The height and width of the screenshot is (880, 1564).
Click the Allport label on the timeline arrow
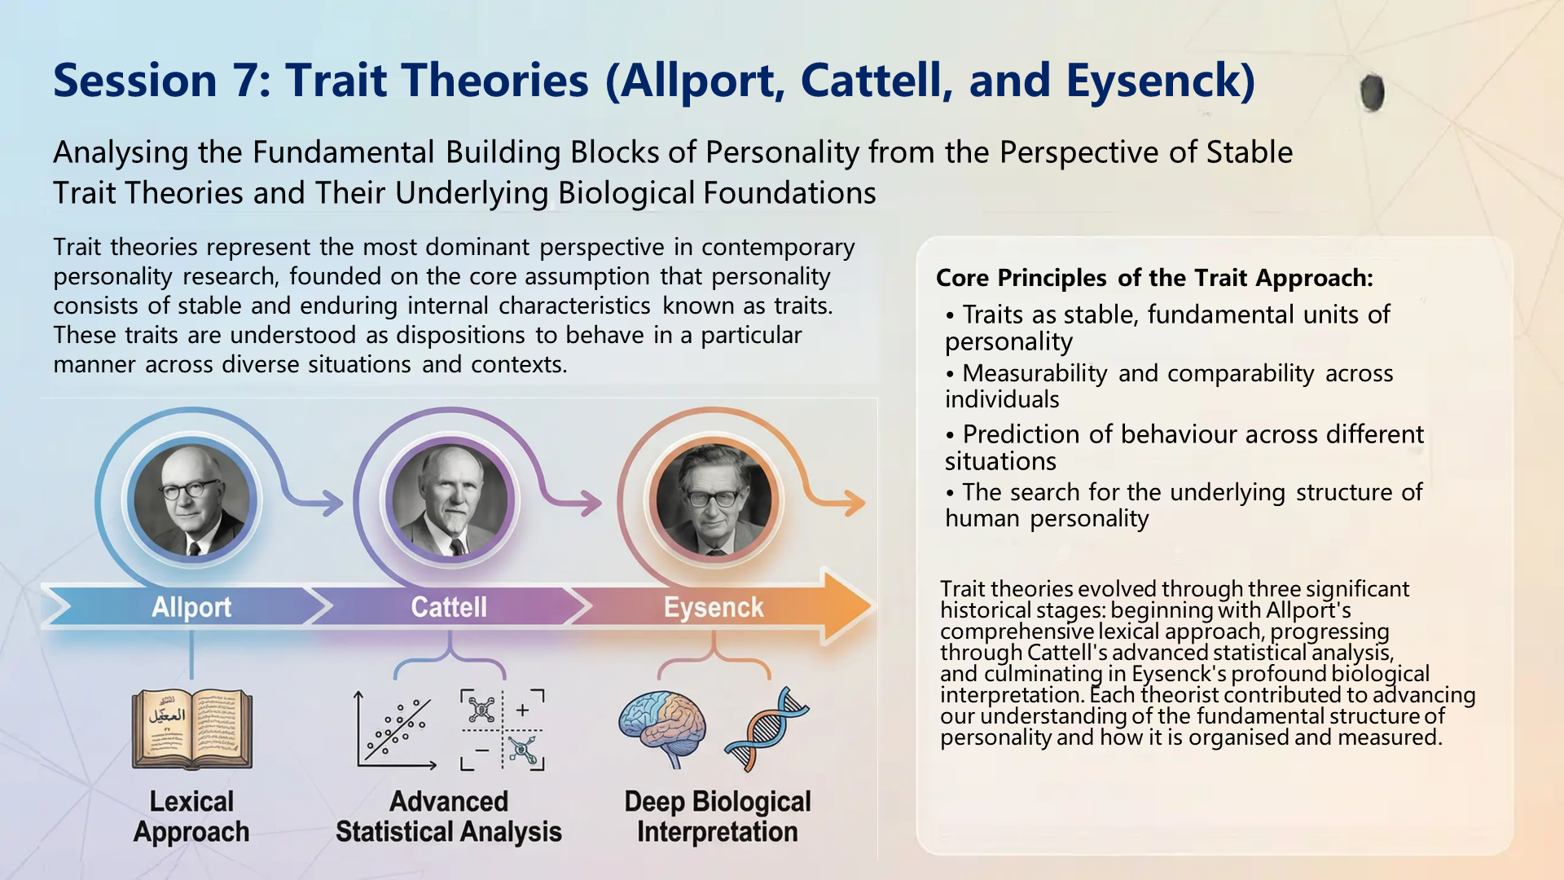tap(191, 607)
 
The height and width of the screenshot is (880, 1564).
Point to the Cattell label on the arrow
tap(449, 607)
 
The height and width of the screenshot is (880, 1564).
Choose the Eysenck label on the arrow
tap(714, 607)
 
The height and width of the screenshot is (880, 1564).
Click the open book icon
tap(192, 729)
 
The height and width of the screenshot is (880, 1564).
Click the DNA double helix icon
tap(766, 729)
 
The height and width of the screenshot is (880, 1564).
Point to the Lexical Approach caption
tap(191, 816)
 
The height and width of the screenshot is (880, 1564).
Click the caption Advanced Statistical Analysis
tap(449, 816)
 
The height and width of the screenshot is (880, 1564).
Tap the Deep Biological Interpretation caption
tap(718, 816)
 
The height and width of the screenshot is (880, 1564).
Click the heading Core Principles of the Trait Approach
tap(1154, 278)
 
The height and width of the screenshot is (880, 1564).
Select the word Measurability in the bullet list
tap(1035, 373)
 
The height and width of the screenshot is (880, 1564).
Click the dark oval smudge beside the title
tap(1373, 92)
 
